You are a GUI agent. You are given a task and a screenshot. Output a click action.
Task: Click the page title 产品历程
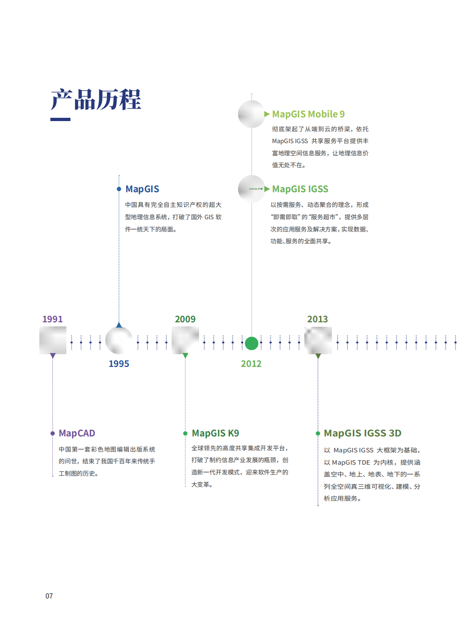click(95, 99)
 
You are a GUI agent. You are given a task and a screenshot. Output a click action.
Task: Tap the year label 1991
click(52, 319)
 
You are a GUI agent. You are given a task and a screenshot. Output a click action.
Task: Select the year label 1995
click(119, 364)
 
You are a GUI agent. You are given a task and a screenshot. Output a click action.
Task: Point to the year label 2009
click(185, 319)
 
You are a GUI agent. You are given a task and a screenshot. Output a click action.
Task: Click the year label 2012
click(251, 364)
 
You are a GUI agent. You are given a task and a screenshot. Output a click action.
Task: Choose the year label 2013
click(317, 319)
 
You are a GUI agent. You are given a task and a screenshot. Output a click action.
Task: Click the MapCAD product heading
click(77, 433)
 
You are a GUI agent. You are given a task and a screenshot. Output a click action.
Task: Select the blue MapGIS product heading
click(142, 189)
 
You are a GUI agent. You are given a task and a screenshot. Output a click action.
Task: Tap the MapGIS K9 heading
click(215, 433)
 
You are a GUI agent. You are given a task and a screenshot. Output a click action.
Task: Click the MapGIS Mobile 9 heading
click(308, 114)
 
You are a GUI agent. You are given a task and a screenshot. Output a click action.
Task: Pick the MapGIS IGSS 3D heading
click(363, 433)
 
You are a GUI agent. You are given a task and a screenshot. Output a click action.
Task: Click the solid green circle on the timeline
click(252, 343)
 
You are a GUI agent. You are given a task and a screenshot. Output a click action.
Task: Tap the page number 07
click(49, 596)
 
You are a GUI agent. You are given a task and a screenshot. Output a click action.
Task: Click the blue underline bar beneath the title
click(60, 119)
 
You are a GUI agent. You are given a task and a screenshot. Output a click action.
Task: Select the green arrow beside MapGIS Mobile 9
click(267, 114)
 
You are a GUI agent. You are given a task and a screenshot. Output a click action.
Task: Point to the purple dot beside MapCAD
click(52, 433)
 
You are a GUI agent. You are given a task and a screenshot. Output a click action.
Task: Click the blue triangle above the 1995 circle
click(119, 325)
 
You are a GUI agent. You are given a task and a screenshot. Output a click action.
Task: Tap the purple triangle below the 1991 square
click(52, 356)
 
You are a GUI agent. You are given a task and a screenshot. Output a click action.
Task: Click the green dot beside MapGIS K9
click(185, 433)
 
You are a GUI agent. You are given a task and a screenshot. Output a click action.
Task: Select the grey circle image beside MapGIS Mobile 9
click(252, 114)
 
